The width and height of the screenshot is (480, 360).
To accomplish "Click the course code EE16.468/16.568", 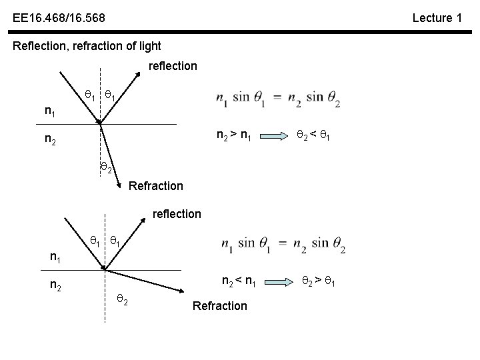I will click(58, 17).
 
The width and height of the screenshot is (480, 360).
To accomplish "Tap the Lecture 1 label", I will click(437, 18).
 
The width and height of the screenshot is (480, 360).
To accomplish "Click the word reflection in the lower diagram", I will click(177, 214).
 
